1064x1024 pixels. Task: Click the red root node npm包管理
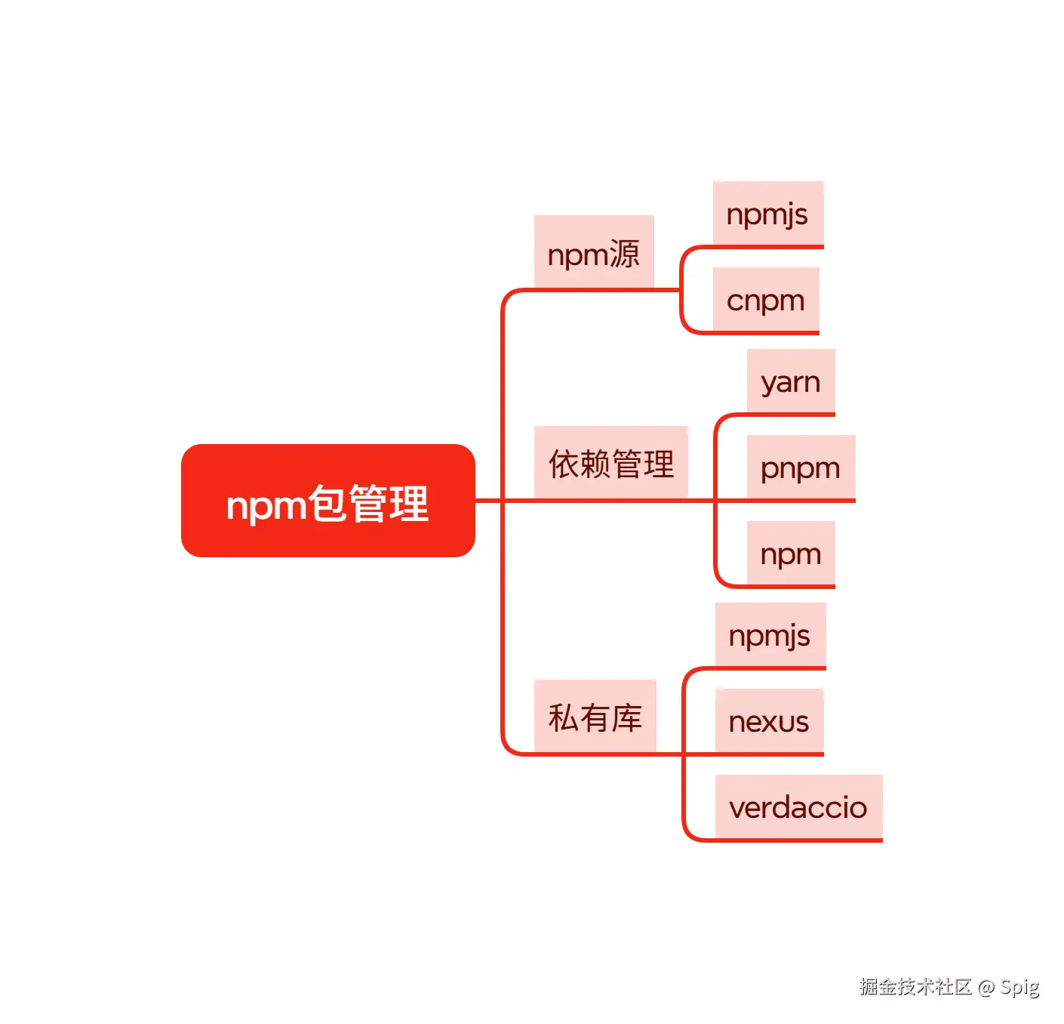tap(328, 501)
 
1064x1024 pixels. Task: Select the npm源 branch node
tap(594, 252)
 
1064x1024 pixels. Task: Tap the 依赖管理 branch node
tap(611, 462)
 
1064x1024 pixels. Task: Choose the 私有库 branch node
tap(595, 716)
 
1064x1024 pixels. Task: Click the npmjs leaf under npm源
tap(767, 214)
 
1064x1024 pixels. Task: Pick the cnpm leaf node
tap(766, 300)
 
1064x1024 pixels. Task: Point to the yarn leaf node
tap(790, 381)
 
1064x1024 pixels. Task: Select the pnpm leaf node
tap(800, 467)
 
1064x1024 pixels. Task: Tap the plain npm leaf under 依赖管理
tap(790, 554)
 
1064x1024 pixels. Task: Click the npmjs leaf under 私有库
tap(770, 635)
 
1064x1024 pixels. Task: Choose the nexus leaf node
tap(769, 721)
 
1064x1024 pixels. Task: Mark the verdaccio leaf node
tap(798, 807)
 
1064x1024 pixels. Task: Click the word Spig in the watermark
tap(1019, 987)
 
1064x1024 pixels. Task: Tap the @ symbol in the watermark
tap(986, 987)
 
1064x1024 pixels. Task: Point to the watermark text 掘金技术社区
tap(915, 986)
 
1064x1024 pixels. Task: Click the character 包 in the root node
tap(327, 503)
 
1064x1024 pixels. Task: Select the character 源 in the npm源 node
tap(624, 254)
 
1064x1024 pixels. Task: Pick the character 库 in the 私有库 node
tap(627, 717)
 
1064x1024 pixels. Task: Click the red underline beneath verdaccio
tap(798, 840)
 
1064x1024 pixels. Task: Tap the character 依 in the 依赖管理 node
tap(564, 464)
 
